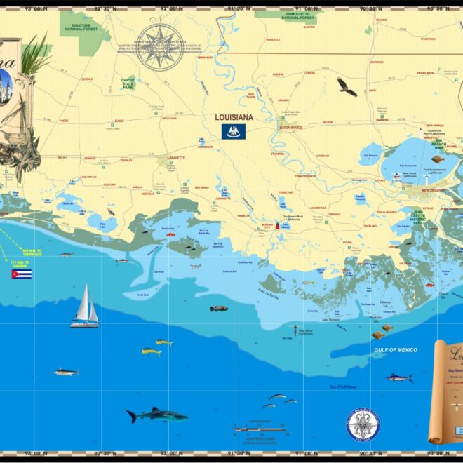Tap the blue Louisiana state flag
click(x=234, y=131)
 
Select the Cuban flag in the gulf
click(x=21, y=274)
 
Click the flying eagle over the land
click(x=347, y=87)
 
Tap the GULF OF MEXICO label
click(x=396, y=349)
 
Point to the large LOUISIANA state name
click(x=234, y=118)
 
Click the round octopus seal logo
click(x=363, y=425)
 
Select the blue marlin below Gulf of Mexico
click(x=398, y=377)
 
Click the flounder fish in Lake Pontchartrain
click(x=438, y=159)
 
